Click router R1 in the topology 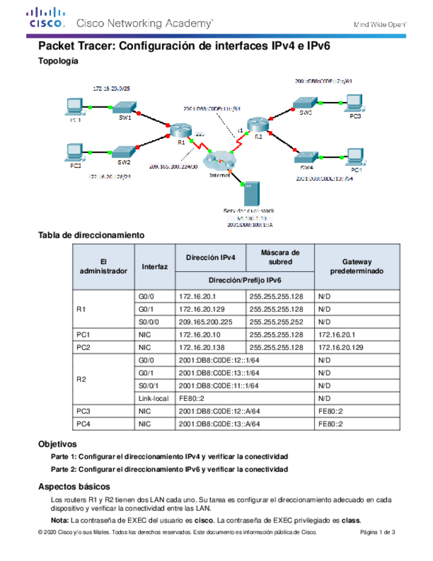click(178, 130)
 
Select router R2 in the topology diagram click(256, 125)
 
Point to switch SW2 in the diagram click(124, 152)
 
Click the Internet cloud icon click(219, 161)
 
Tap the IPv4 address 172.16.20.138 click(210, 347)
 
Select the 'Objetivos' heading click(58, 444)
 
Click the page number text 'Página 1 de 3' click(377, 533)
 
